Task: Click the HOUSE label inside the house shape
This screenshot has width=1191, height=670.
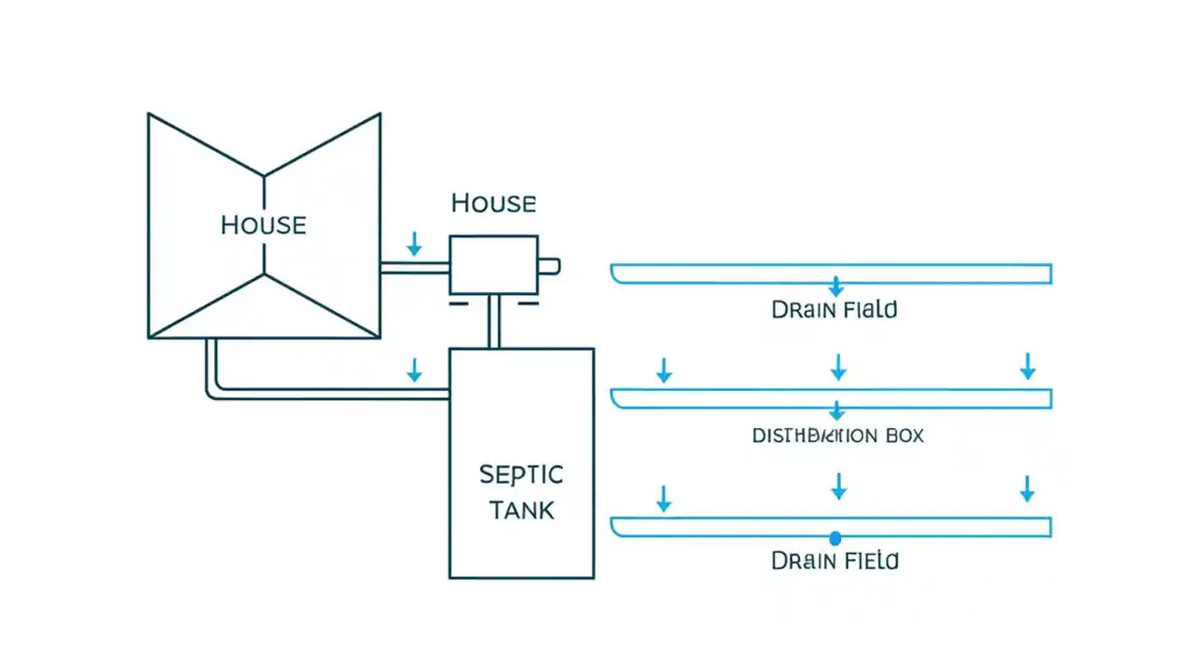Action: click(263, 225)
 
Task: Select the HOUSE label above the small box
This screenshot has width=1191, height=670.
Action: click(493, 203)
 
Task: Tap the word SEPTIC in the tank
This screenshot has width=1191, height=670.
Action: click(521, 475)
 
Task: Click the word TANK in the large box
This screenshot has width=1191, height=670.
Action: click(521, 510)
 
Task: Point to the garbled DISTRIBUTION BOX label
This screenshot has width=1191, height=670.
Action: click(837, 435)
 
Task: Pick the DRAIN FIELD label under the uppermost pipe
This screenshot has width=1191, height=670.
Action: click(835, 310)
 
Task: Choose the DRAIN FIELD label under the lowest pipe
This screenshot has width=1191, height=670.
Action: click(835, 560)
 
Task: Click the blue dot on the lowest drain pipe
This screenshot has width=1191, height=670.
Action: click(835, 538)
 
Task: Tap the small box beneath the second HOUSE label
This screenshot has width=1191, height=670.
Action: click(493, 265)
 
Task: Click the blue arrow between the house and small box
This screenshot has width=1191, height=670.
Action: click(414, 245)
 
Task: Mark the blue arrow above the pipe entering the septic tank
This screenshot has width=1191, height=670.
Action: click(414, 370)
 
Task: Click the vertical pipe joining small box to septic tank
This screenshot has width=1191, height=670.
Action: click(493, 322)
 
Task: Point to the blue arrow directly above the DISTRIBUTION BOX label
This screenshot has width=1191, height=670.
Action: click(836, 410)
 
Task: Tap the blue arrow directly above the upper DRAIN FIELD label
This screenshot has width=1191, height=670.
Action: click(836, 286)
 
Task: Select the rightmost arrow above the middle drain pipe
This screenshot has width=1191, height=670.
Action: click(1027, 366)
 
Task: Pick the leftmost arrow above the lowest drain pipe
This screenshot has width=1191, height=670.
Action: click(663, 498)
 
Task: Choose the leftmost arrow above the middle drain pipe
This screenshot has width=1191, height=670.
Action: click(663, 370)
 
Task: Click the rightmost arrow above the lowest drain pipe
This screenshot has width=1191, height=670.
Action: click(1027, 489)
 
